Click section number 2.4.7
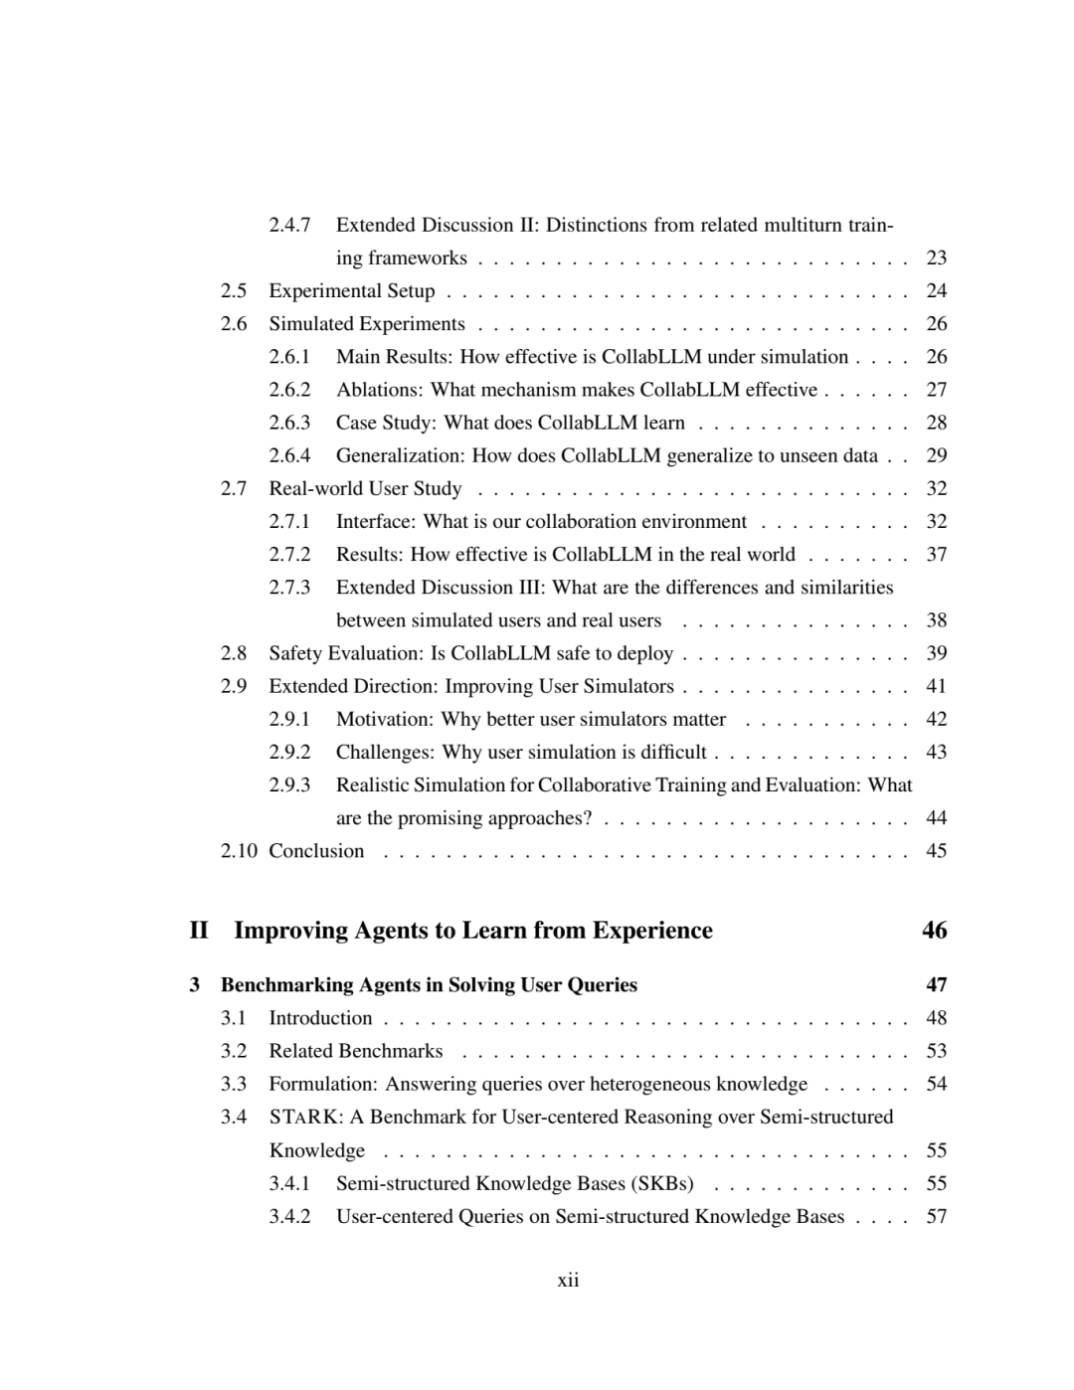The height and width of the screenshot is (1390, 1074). (x=289, y=225)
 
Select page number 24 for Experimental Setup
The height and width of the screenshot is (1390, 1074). (x=936, y=290)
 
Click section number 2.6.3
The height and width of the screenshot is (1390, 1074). (x=289, y=423)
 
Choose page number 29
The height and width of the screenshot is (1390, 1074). (x=936, y=455)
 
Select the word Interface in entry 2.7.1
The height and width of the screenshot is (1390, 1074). (x=375, y=521)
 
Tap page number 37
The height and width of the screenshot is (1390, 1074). (x=936, y=554)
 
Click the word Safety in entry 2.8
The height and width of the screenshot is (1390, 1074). (x=294, y=653)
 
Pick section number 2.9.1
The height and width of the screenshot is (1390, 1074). (x=289, y=719)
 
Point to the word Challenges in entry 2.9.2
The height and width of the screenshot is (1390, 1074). (x=385, y=752)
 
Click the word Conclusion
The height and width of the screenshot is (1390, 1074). (x=316, y=851)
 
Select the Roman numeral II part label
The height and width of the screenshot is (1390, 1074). (x=199, y=931)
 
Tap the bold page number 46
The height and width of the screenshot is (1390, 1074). (x=934, y=931)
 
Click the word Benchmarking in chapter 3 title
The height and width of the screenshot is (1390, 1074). (x=281, y=985)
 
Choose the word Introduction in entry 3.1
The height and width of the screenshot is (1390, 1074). (x=320, y=1018)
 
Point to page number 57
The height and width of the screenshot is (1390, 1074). (x=936, y=1216)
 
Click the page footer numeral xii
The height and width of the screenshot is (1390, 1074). (x=568, y=1280)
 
